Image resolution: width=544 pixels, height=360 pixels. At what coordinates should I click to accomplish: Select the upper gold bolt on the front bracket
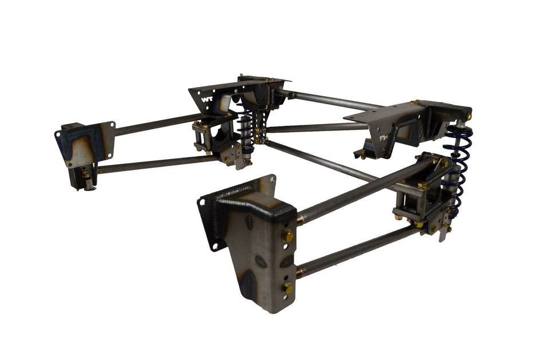(288, 235)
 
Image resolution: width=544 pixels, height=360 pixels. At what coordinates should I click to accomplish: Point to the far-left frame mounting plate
(85, 143)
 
